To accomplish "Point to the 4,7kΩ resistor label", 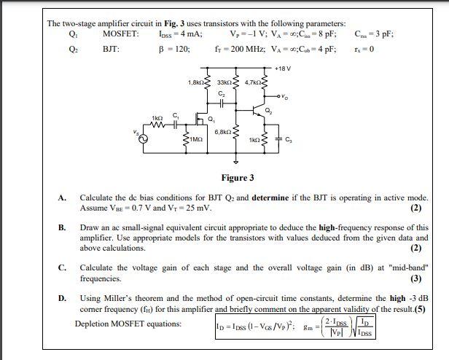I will tap(256, 82).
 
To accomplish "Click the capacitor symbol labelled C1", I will tap(175, 120).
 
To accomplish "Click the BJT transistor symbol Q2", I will tap(256, 111).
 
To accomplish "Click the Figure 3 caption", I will tap(238, 178).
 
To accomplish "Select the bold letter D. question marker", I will tap(63, 298).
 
